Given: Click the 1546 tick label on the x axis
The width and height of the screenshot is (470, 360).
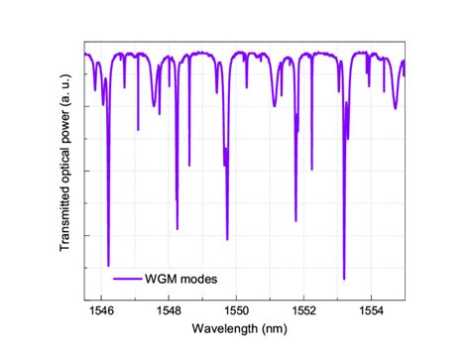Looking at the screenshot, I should pyautogui.click(x=101, y=308).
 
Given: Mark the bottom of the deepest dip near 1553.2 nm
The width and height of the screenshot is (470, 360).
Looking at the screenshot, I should pyautogui.click(x=344, y=280).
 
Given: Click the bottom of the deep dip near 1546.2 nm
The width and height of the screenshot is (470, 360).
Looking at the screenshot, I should pyautogui.click(x=108, y=266).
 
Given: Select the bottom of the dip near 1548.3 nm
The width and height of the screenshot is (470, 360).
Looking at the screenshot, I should pyautogui.click(x=176, y=229).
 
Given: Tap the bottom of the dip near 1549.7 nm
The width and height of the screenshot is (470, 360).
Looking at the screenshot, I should pyautogui.click(x=227, y=239).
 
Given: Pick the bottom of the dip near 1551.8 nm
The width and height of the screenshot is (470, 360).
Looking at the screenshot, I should pyautogui.click(x=295, y=220).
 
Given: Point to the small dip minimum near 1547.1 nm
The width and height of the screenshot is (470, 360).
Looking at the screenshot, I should pyautogui.click(x=138, y=130).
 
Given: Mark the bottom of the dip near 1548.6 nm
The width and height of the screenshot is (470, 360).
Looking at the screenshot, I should pyautogui.click(x=188, y=165).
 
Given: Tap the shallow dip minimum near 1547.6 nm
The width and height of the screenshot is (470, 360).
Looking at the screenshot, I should pyautogui.click(x=155, y=106).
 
